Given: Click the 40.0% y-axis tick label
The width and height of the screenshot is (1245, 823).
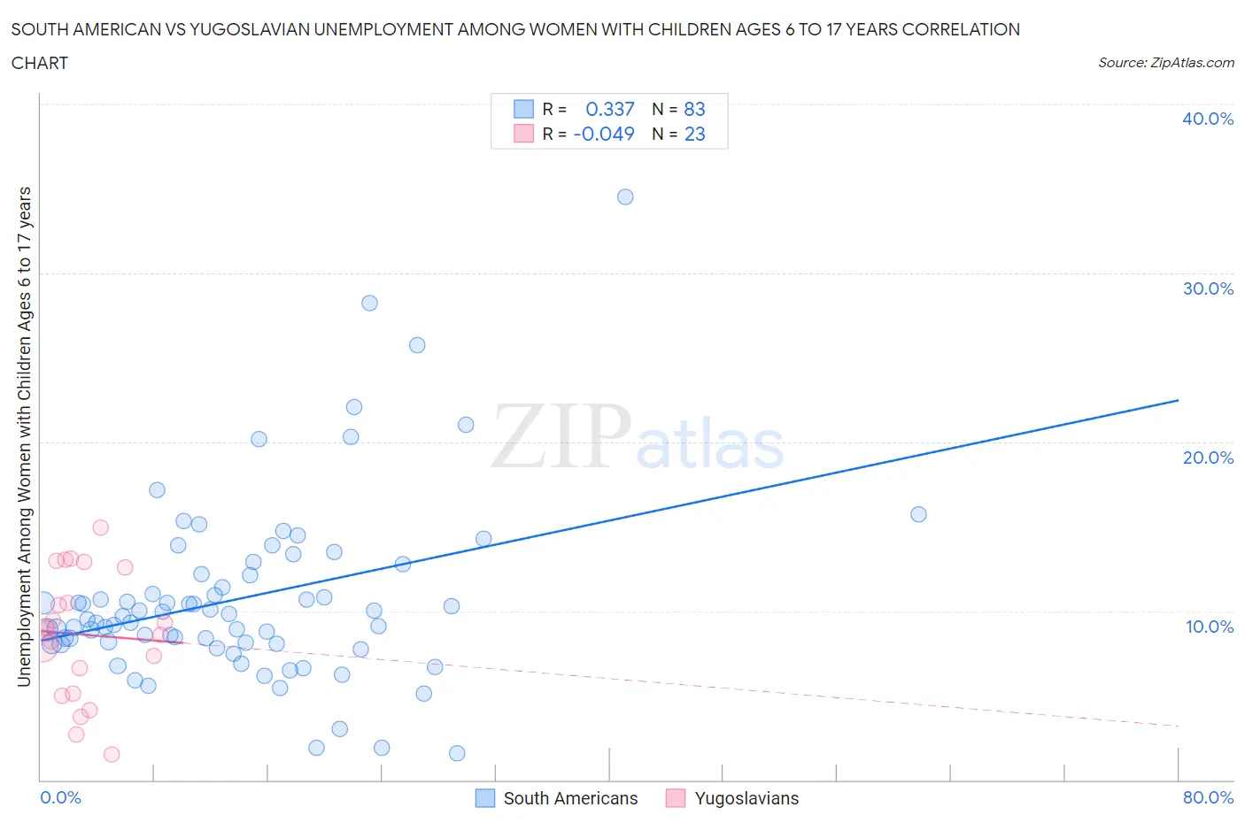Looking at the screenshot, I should tap(1208, 119).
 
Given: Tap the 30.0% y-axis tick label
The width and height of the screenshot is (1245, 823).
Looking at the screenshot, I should tap(1208, 288).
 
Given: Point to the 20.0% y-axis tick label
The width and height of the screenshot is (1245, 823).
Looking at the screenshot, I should tap(1208, 458).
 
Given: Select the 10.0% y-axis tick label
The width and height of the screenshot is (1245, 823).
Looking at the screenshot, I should tap(1210, 627).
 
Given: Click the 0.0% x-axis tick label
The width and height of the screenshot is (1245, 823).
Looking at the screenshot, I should tap(60, 797).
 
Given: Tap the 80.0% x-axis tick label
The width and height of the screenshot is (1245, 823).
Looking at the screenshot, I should tap(1208, 797).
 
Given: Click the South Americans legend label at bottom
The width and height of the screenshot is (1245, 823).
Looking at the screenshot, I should tap(570, 798).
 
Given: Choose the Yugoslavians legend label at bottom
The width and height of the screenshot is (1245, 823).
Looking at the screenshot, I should tap(746, 798).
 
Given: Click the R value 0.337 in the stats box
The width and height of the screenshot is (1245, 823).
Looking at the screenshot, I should tap(610, 109).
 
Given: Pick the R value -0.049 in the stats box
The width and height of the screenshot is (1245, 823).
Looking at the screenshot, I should tap(604, 134).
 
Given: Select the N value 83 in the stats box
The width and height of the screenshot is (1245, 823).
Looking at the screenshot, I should tap(694, 109).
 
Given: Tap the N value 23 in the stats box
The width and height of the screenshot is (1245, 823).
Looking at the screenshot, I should tap(694, 134).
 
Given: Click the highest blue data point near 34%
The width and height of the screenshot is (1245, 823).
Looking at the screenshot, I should tap(625, 196).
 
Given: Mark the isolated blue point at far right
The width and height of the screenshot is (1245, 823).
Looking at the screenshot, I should tap(918, 514).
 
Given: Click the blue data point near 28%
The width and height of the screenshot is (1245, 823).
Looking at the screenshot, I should tap(369, 303).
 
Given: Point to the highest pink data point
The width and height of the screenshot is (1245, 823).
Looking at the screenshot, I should tap(100, 527).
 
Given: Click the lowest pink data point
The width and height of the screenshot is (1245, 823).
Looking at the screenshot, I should tap(112, 754).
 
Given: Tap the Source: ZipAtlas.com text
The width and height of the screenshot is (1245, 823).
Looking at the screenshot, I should tap(1165, 62).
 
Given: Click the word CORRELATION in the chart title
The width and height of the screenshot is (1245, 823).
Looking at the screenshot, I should tap(961, 29).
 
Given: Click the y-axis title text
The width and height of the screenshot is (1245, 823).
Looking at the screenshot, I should tap(25, 436).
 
